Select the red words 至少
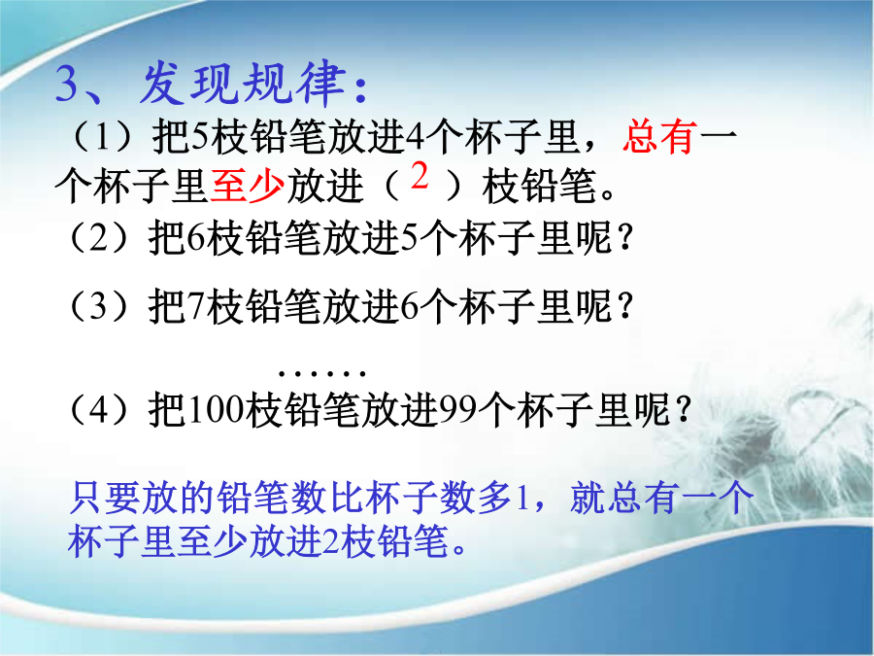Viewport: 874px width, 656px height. (x=248, y=187)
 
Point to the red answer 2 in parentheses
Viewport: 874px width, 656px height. (x=420, y=175)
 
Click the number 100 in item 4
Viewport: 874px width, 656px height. (x=216, y=410)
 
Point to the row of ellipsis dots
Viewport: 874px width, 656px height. (x=322, y=372)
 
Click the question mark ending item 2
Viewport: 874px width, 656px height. (x=626, y=238)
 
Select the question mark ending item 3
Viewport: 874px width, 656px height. (x=626, y=306)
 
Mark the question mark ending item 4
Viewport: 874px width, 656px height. (x=684, y=410)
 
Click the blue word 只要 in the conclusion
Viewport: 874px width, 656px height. (x=104, y=498)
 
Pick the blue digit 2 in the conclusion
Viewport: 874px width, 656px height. (x=331, y=542)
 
